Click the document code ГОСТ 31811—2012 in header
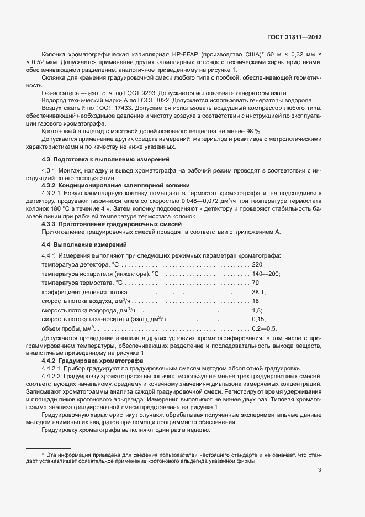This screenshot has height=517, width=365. click(x=294, y=36)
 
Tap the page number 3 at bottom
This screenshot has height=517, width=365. click(x=320, y=470)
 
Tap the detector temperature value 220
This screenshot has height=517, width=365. click(x=258, y=265)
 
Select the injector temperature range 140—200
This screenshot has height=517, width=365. click(x=266, y=274)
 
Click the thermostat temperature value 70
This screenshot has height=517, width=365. click(x=256, y=283)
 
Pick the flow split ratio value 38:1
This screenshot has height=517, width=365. click(x=258, y=292)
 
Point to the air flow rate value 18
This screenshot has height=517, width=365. click(x=256, y=301)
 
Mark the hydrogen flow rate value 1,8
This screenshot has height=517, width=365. click(x=257, y=310)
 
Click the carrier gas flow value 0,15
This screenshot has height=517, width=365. click(x=258, y=319)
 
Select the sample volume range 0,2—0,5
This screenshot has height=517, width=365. click(x=263, y=328)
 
